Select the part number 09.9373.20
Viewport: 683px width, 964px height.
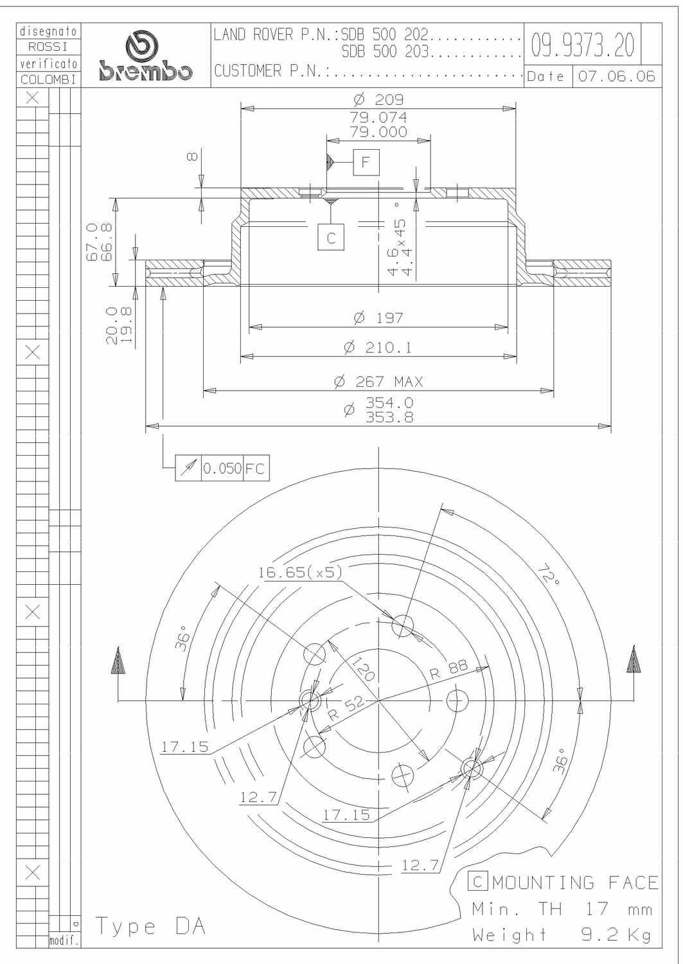(583, 45)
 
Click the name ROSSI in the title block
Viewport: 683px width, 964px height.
(48, 46)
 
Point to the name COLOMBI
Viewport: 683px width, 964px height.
(48, 80)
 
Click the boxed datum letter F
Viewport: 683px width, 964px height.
(366, 162)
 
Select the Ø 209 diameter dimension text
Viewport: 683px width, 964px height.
(378, 100)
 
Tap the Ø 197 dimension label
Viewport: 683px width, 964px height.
(378, 318)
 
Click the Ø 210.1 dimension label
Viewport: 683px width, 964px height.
(378, 347)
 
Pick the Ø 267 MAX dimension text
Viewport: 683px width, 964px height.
(378, 382)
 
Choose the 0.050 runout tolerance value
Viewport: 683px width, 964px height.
(222, 469)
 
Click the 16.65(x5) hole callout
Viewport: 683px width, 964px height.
(300, 572)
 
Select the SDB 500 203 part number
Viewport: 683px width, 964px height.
(386, 51)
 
